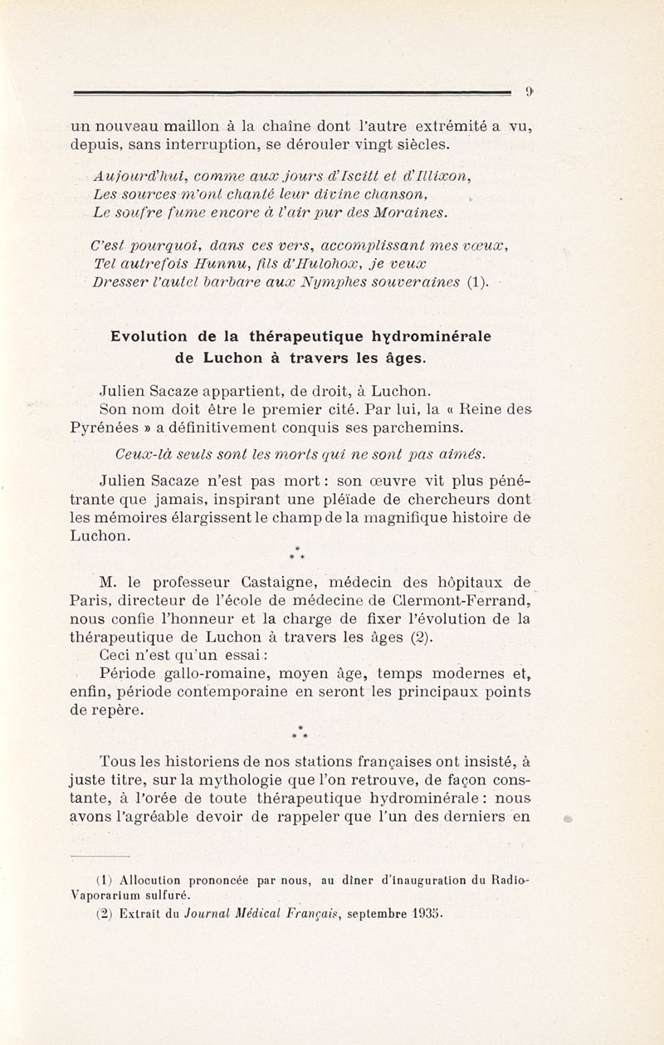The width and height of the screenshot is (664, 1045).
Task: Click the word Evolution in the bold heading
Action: point(149,336)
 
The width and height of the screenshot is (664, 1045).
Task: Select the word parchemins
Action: point(408,427)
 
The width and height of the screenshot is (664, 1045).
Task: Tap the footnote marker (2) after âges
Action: point(422,638)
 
